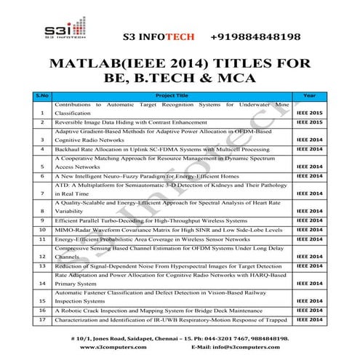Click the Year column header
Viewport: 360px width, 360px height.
[309, 95]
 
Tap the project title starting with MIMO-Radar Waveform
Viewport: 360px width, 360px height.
[159, 228]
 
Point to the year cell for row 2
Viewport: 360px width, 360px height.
[309, 124]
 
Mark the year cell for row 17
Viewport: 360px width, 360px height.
[309, 319]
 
